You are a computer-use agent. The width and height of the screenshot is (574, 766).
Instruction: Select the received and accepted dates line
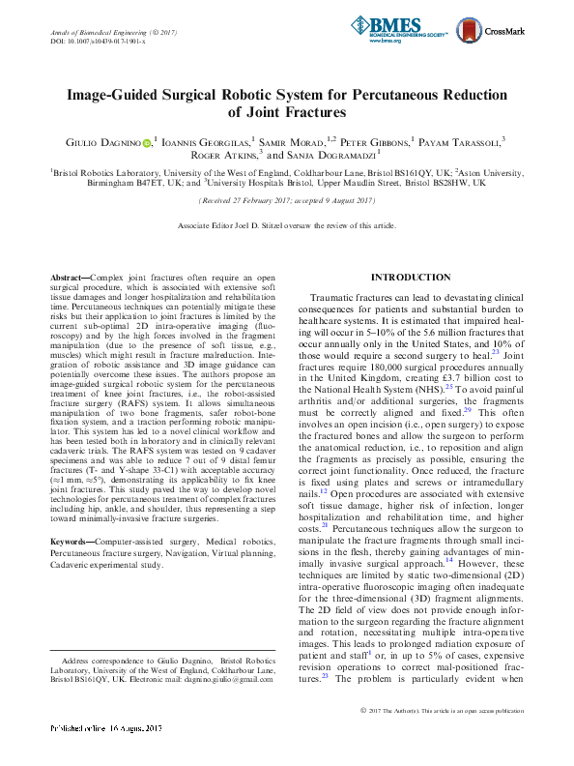(286, 200)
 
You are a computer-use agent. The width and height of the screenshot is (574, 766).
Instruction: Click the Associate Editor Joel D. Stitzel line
(286, 225)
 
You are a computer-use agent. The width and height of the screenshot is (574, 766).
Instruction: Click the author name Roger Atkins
(223, 155)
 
